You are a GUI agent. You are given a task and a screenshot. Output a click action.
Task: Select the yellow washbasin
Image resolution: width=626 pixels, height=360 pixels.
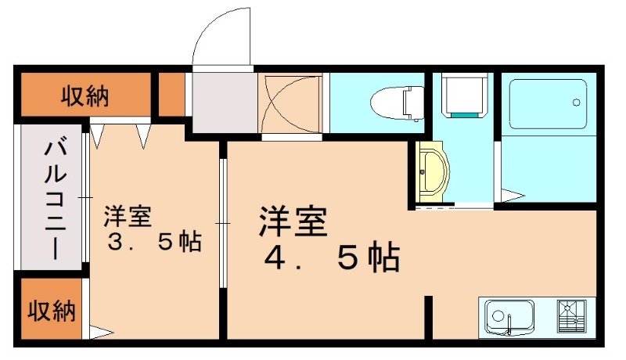[x=431, y=171]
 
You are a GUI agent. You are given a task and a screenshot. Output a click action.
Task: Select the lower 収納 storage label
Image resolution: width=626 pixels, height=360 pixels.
[x=52, y=311]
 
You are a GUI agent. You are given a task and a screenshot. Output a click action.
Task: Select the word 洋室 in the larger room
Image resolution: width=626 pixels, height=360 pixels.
[x=293, y=221]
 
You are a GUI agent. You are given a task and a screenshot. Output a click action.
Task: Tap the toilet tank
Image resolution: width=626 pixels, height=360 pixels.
[x=412, y=102]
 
